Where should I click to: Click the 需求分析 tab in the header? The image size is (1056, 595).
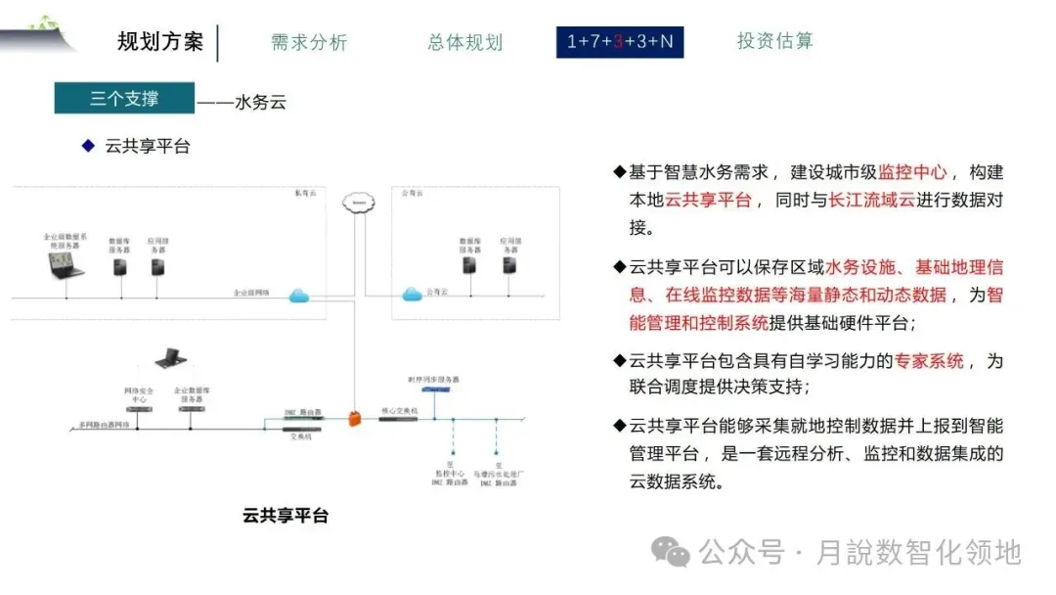(x=309, y=42)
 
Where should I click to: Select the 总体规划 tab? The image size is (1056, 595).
(x=464, y=42)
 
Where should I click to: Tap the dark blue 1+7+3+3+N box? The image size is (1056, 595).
(x=620, y=42)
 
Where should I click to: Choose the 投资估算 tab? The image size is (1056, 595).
(x=774, y=41)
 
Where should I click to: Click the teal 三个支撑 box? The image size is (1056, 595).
(x=124, y=98)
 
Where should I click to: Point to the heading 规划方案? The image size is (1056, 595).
(x=160, y=42)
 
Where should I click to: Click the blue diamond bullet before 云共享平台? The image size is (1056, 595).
(x=87, y=146)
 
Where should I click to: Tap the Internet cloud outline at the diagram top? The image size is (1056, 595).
(x=359, y=203)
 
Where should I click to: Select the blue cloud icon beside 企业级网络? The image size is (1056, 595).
(x=300, y=297)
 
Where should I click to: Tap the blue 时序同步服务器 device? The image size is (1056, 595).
(x=435, y=389)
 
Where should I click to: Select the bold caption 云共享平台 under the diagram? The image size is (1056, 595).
(x=285, y=515)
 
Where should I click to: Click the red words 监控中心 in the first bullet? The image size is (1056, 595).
(x=912, y=172)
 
